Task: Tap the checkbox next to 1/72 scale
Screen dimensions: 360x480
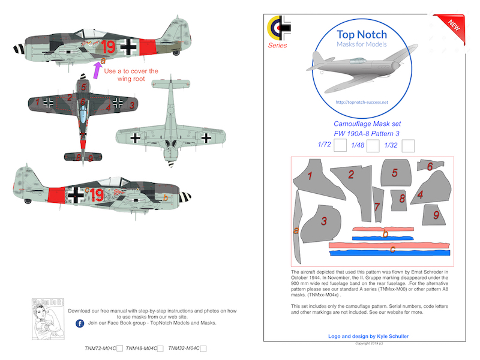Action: (x=340, y=145)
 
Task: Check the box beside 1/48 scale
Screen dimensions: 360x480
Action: (x=373, y=145)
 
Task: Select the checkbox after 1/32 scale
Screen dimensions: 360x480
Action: (x=409, y=145)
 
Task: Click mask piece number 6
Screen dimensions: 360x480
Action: (x=428, y=166)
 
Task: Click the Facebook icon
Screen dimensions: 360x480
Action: (x=80, y=323)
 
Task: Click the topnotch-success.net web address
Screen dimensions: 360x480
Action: (x=362, y=102)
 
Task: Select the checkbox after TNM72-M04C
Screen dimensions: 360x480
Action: (x=121, y=348)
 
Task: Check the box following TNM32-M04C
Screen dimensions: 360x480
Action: (x=203, y=348)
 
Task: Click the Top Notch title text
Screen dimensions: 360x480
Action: (x=361, y=35)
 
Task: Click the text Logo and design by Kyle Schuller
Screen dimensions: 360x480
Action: (x=368, y=337)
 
